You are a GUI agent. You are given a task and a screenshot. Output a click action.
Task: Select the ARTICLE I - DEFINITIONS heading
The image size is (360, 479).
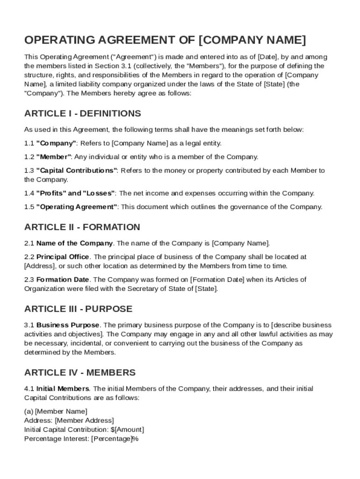coord(82,114)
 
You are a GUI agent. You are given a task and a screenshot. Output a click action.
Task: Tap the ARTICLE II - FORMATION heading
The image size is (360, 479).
coord(82,227)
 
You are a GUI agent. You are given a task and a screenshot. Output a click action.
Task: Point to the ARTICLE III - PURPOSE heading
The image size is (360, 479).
coord(78,309)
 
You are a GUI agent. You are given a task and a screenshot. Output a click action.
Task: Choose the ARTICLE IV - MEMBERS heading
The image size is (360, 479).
coord(80,373)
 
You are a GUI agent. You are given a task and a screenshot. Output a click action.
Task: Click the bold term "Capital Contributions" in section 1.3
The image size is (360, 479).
coord(77,171)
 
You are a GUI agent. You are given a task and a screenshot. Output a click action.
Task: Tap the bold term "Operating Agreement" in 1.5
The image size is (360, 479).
coord(77,207)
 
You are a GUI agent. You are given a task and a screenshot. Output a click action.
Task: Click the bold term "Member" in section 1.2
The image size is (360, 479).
coord(53,157)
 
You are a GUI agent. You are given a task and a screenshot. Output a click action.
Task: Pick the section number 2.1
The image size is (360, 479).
coord(29,243)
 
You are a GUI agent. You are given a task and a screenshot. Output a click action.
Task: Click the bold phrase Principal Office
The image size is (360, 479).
coord(63,257)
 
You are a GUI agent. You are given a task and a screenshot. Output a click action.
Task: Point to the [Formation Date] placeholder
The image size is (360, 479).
coord(217,280)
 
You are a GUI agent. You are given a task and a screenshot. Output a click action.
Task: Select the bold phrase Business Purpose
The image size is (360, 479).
coord(68,325)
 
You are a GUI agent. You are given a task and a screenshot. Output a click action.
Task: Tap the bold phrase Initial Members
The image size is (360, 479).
coord(63,389)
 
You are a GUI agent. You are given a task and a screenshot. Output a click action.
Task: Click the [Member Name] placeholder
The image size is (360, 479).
coord(61,412)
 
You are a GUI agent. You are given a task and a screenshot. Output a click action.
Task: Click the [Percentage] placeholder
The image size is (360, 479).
coord(111,439)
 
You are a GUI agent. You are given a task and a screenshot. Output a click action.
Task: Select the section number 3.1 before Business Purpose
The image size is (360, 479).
coord(29,325)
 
